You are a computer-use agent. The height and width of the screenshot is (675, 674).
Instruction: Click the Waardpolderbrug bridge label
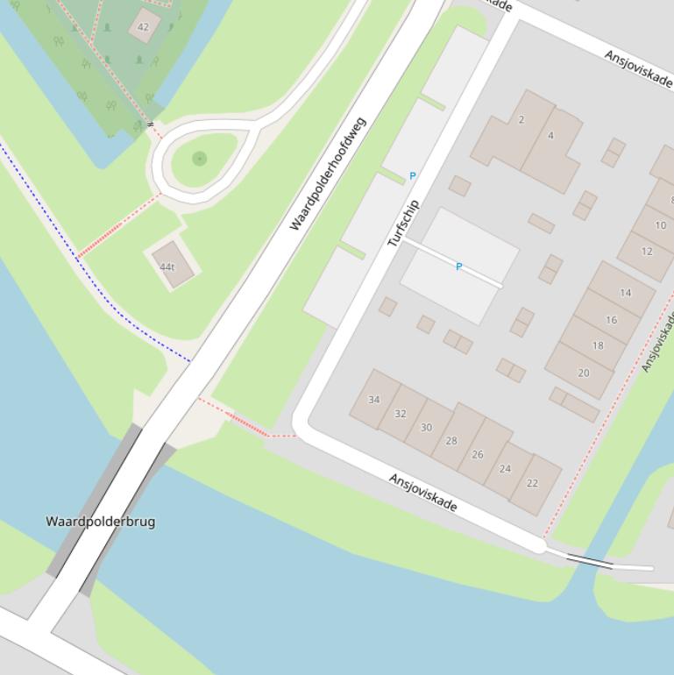pos(101,522)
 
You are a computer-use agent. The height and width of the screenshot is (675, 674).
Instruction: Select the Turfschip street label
pos(404,223)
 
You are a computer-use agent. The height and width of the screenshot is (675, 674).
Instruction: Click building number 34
pos(374,400)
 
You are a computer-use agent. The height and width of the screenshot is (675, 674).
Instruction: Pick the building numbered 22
pos(532,483)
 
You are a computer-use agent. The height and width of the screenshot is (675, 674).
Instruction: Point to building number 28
pos(451,441)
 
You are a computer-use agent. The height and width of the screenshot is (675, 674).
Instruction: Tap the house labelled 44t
pos(167,267)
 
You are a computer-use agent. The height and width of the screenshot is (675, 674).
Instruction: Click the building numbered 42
pos(144,26)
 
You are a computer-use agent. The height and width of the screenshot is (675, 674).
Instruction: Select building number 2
pos(521,120)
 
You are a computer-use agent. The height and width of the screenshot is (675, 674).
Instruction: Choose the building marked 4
pos(550,136)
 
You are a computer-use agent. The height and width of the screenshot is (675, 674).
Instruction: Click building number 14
pos(625,293)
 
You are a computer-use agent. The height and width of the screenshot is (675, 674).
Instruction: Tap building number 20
pos(584,373)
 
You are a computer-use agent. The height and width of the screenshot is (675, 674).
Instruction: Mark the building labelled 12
pos(647,252)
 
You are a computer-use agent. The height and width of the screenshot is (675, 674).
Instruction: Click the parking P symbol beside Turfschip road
pos(413,176)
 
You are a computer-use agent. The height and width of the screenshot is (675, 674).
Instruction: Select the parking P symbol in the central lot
pos(458,266)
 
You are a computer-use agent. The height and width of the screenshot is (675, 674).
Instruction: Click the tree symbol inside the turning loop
pos(200,159)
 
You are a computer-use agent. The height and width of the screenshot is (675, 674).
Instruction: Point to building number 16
pos(611,320)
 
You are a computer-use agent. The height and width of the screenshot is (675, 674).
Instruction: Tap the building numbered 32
pos(401,414)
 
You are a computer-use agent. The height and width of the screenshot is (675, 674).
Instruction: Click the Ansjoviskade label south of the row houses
pos(423,493)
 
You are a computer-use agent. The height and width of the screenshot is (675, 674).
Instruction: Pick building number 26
pos(478,454)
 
